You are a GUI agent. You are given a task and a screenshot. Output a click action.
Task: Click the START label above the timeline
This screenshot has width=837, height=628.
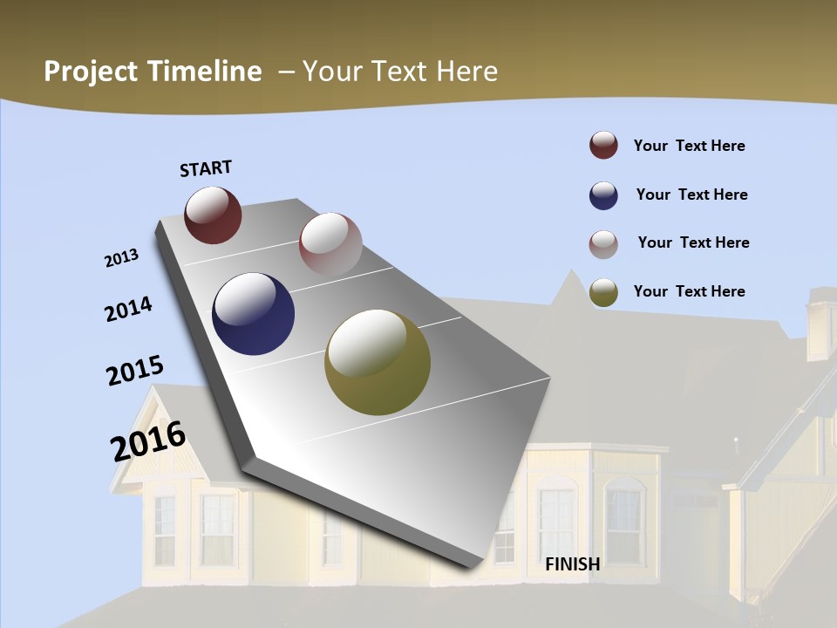pos(206,168)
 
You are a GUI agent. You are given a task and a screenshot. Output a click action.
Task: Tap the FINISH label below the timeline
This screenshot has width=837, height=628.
pos(573,564)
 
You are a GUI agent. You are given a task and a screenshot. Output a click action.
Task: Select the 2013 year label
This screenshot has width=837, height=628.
pos(121,258)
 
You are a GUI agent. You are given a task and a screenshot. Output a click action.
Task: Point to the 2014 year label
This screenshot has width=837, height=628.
pos(128,309)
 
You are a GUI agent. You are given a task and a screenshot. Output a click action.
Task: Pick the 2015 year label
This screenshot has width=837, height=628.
pos(134,371)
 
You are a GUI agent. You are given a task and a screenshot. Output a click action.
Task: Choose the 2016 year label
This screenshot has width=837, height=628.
pos(147,441)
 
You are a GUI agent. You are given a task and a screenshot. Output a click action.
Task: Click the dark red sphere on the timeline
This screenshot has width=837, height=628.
pos(213,215)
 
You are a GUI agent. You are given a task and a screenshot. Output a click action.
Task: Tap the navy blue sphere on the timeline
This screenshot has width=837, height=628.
pos(253,314)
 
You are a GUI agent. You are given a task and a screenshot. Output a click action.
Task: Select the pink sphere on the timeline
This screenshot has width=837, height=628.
pos(330,244)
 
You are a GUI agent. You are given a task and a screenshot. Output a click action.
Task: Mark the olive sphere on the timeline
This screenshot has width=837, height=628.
pos(377,362)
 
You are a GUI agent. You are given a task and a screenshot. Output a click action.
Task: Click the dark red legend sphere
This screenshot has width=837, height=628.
pos(603,146)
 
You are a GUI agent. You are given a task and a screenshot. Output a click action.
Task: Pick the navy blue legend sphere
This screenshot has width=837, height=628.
pos(603,195)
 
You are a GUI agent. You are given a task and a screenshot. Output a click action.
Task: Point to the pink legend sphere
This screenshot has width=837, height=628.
pos(603,244)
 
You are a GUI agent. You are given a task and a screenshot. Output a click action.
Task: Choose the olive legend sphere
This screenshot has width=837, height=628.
pos(603,292)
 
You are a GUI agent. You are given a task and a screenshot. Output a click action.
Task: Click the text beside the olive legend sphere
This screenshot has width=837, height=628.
pos(689,291)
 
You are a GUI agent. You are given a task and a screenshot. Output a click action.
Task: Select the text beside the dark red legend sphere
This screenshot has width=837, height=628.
pos(689,146)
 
